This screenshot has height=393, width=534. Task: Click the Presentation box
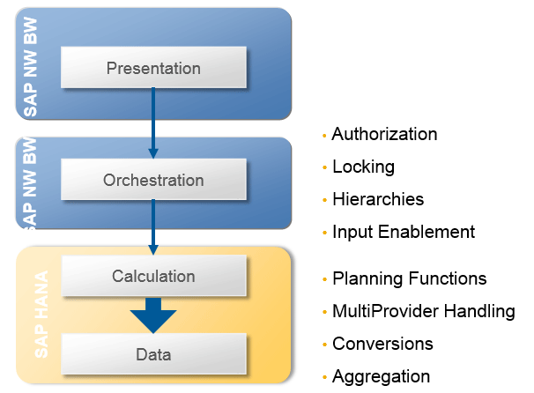point(153,68)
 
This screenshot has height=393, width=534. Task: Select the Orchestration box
point(153,179)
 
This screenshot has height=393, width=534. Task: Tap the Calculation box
point(153,275)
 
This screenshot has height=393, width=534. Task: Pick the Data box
point(153,354)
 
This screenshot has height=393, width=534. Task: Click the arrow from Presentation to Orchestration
point(153,123)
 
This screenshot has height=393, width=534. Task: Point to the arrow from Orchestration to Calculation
point(153,227)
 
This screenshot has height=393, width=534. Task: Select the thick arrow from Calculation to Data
point(153,315)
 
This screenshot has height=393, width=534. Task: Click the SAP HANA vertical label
point(41,315)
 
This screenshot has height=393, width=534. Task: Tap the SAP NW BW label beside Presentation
point(31,67)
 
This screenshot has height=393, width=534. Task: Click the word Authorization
point(384,134)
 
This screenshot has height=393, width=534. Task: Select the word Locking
point(363,167)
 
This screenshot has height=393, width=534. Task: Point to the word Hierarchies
point(378,199)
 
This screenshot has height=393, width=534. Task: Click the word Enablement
point(426,232)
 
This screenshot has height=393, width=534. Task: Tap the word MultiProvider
point(385,311)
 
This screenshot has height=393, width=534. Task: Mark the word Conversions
point(382,344)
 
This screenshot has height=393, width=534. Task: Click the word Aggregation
point(381,377)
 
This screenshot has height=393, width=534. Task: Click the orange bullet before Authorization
point(324,136)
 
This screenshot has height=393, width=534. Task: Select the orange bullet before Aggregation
point(324,377)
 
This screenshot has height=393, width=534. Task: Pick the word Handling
point(479,312)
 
